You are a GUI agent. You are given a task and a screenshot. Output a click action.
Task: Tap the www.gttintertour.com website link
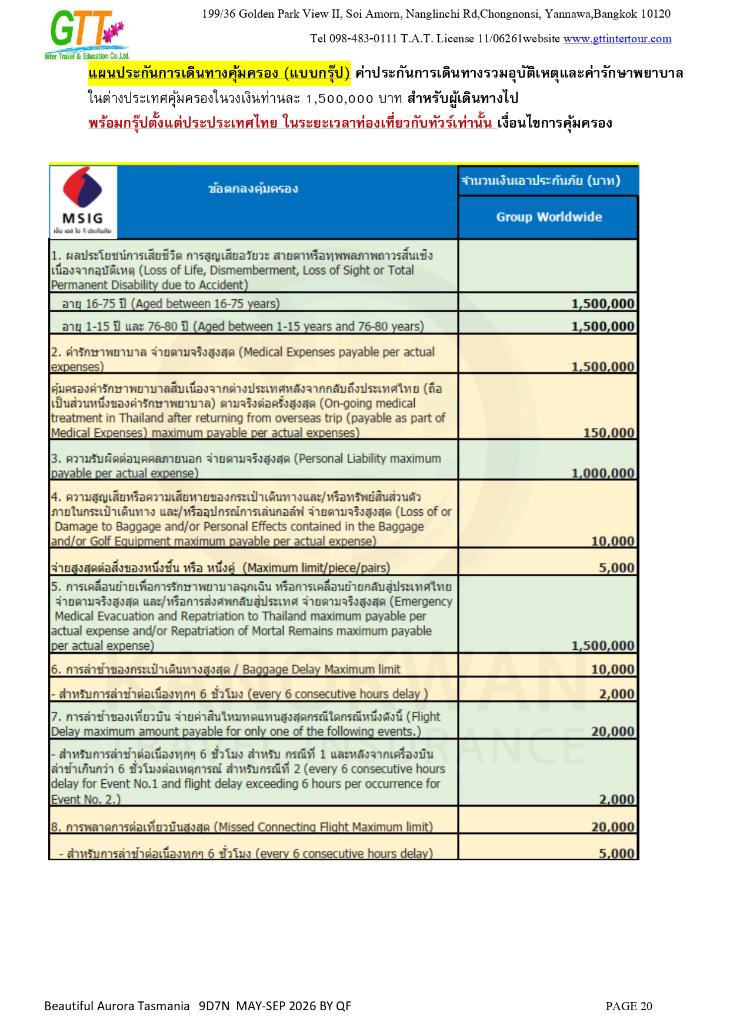coord(617,39)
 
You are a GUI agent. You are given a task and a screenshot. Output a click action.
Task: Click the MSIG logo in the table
coord(83,202)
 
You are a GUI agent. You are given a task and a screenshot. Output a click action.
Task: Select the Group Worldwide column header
coord(549,217)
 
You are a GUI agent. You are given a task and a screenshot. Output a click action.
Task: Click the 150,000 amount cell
coord(609,433)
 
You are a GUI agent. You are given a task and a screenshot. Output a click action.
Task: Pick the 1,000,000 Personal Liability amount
coord(603,473)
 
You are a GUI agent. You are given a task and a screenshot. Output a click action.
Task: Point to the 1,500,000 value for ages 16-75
coord(603,303)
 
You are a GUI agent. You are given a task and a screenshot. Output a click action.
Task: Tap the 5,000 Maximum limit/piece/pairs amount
coord(616,567)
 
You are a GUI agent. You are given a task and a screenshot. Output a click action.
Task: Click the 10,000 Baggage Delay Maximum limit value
coord(612,669)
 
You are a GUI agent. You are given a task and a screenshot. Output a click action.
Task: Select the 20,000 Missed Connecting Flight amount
coord(612,827)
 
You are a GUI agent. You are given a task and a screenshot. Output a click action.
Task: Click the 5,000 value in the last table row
coord(616,853)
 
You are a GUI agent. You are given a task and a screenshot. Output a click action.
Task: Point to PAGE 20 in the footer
coord(629,1006)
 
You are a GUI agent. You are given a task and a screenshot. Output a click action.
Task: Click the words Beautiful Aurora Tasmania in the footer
coord(117,1006)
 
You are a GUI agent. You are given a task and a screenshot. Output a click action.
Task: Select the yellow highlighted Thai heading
coord(219,74)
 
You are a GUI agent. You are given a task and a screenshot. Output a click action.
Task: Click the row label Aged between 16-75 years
coord(171,304)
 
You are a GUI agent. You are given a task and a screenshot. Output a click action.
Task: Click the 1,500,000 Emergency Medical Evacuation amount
coord(603,646)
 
